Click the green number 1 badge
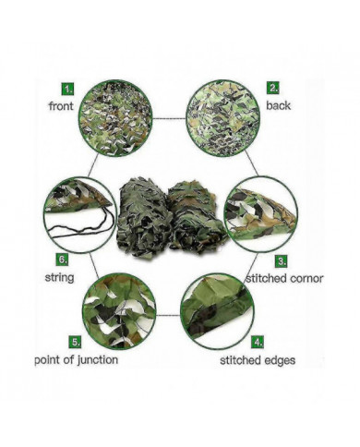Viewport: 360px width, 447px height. click(68, 90)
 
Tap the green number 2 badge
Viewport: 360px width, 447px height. click(273, 88)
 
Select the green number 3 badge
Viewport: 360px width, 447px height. click(282, 261)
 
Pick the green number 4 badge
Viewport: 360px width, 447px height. click(258, 342)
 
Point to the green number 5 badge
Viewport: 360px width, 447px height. click(75, 342)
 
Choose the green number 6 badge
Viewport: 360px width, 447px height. click(63, 260)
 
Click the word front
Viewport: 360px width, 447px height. click(61, 106)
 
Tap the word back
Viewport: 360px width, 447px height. click(278, 105)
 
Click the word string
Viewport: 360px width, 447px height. click(60, 278)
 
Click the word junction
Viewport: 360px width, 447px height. click(97, 360)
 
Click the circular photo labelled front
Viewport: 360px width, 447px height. click(115, 118)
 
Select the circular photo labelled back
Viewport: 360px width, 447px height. click(223, 118)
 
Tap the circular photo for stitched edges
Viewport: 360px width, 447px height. click(217, 311)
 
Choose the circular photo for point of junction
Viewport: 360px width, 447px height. click(119, 311)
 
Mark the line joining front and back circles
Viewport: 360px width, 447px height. click(169, 118)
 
